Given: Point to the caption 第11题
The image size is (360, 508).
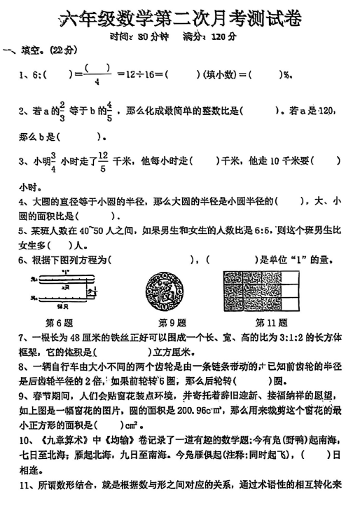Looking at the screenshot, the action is (270, 324).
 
